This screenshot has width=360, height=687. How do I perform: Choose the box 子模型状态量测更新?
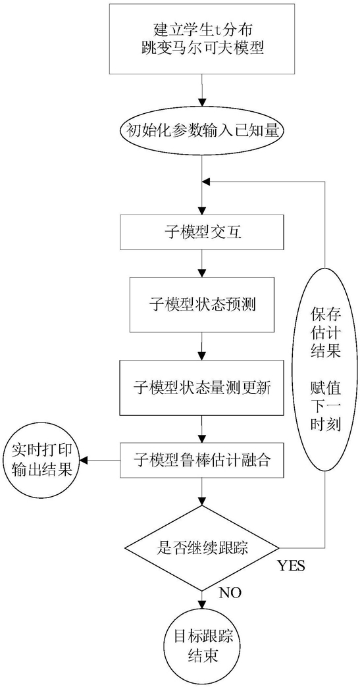pos(201,388)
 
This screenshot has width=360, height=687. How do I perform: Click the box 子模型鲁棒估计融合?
pos(201,461)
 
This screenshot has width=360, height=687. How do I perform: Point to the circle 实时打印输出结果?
pos(42,461)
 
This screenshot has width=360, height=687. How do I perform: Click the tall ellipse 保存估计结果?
pos(325,369)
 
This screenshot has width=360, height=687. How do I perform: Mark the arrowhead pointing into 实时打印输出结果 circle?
pos(86,461)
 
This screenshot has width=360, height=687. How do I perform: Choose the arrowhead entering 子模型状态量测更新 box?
pos(201,356)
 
